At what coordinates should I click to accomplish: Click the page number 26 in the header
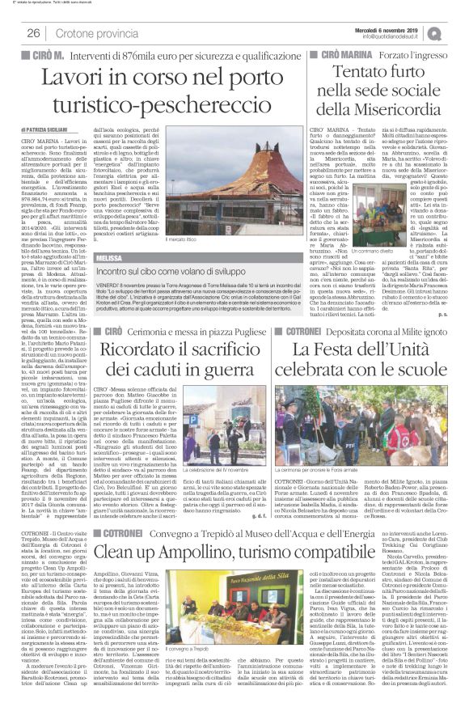[x=34, y=33]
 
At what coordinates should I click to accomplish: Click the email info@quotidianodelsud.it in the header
[x=400, y=36]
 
